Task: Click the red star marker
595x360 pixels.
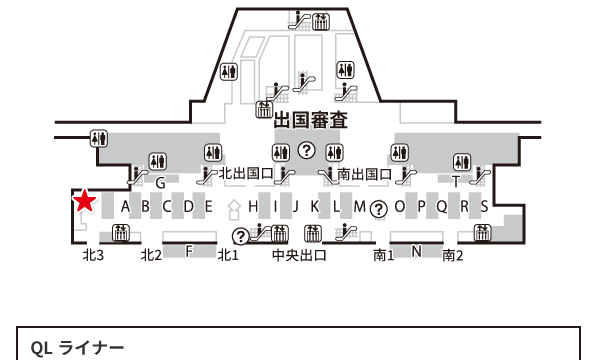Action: point(85,202)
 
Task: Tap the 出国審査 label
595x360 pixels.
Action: point(311,123)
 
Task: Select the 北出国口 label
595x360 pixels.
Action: point(246,174)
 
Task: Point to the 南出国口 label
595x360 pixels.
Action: point(365,174)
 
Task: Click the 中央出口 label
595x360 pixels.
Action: point(300,255)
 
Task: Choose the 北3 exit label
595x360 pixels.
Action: point(93,255)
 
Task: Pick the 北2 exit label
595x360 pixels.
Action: point(151,255)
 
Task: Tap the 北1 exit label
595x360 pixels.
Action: point(228,255)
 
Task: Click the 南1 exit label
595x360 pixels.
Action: point(384,255)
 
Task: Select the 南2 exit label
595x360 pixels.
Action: point(453,255)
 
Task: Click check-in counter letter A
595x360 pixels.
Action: point(126,207)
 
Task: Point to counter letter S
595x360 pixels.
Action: point(484,207)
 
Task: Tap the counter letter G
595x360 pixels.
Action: point(160,183)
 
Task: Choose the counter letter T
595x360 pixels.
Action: point(456,183)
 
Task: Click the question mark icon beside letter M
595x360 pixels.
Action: point(379,209)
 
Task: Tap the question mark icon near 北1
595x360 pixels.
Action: point(240,237)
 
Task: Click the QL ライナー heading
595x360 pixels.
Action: point(77,348)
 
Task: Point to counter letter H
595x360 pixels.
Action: point(254,207)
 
